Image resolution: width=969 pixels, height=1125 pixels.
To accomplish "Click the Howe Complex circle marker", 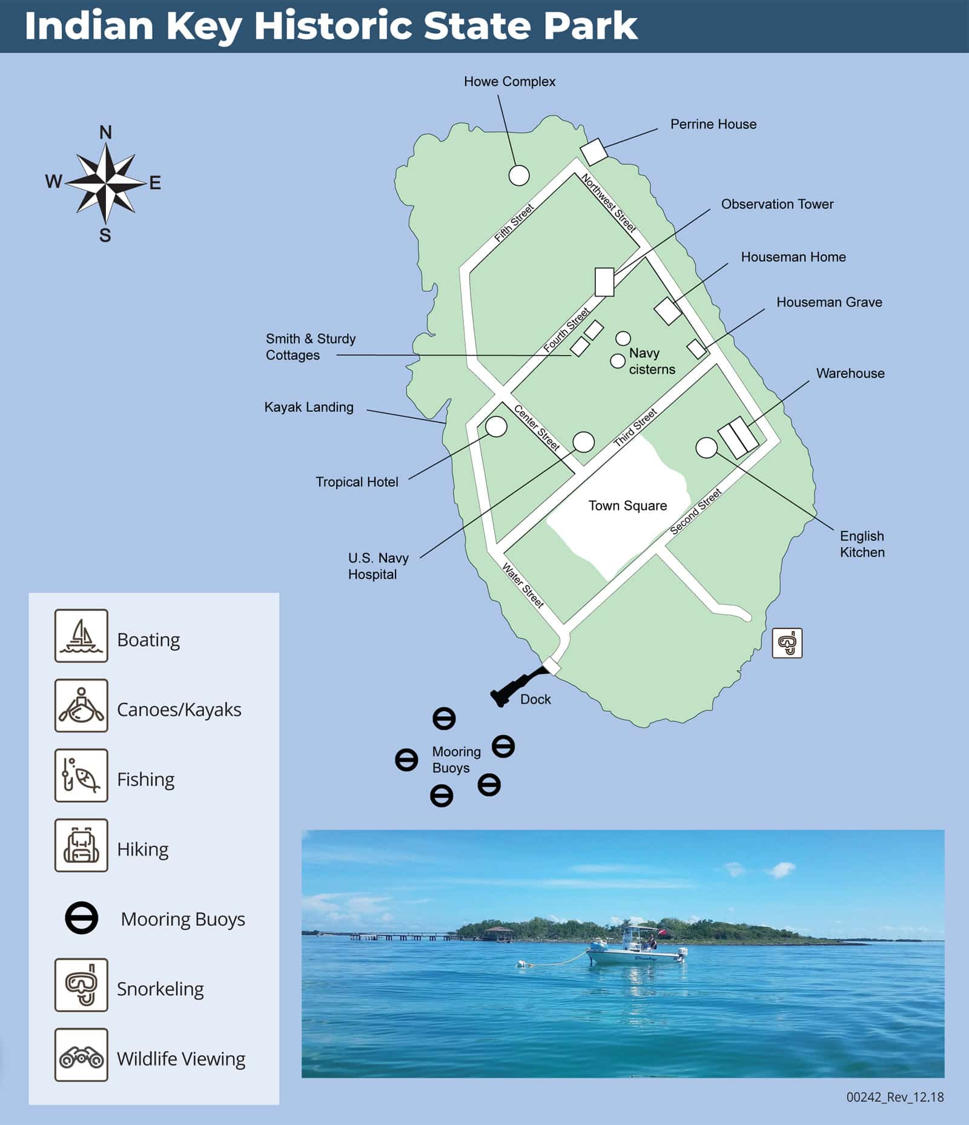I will (518, 176).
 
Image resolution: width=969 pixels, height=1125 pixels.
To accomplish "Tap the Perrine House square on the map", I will (594, 151).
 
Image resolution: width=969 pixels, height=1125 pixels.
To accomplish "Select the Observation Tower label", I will (777, 204).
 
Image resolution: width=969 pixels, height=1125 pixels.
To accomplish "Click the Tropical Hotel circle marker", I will (496, 426).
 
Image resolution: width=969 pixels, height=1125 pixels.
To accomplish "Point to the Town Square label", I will (627, 506).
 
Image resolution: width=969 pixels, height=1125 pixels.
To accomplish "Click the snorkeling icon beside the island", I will (787, 642).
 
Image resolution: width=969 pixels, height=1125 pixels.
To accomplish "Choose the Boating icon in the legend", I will (81, 636).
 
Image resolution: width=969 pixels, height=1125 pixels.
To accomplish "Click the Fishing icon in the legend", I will (81, 775).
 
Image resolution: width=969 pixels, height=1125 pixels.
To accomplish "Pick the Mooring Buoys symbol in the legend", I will (81, 918).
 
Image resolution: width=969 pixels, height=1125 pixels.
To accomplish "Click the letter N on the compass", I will (105, 133).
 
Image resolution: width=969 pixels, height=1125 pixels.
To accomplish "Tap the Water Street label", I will (523, 585).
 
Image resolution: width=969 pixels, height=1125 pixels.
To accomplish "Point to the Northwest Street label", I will (608, 203).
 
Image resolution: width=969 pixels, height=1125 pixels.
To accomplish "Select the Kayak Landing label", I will (309, 407).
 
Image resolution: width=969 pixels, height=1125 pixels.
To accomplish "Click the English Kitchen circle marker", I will (706, 447).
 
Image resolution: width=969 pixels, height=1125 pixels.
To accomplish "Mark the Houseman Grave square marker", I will (696, 349).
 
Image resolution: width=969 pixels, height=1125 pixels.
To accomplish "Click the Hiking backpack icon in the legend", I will (81, 845).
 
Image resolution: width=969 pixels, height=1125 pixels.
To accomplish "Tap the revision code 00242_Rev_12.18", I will (895, 1097).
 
